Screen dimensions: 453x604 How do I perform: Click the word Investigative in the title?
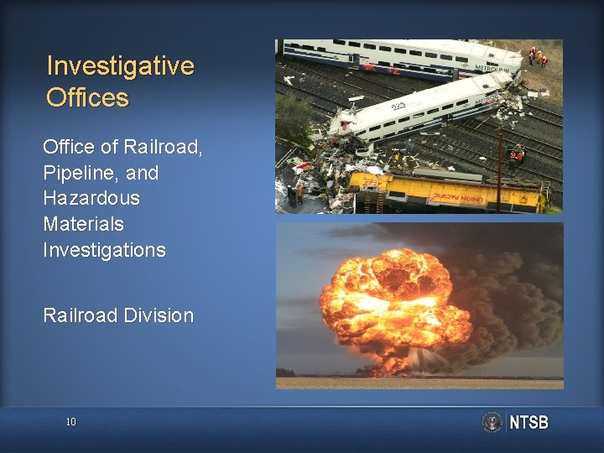[x=120, y=66]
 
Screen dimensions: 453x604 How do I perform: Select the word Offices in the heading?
[x=87, y=98]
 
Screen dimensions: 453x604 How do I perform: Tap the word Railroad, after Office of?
[x=163, y=148]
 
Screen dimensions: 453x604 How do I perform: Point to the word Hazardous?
[x=91, y=199]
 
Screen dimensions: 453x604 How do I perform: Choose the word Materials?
[x=83, y=224]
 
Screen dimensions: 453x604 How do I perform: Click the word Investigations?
[x=104, y=250]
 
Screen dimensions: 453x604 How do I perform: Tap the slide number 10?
[x=70, y=422]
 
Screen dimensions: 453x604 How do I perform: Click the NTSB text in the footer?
[x=528, y=423]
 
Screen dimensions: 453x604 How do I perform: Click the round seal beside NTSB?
[x=492, y=422]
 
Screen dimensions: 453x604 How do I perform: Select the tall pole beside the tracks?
[x=500, y=168]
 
